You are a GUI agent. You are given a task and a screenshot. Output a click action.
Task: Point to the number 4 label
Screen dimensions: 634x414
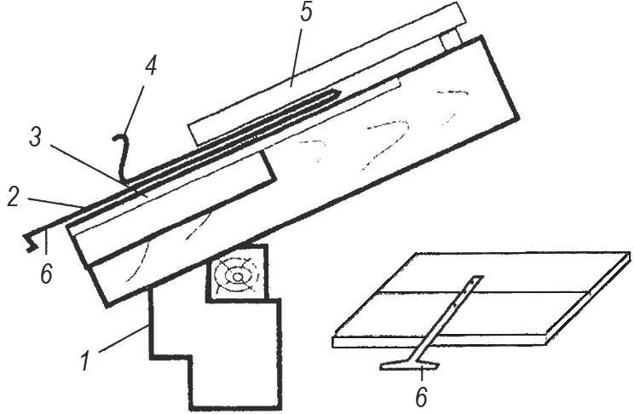click(x=151, y=66)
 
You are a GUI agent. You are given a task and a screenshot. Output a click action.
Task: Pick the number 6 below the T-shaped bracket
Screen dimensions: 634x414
click(x=420, y=397)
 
